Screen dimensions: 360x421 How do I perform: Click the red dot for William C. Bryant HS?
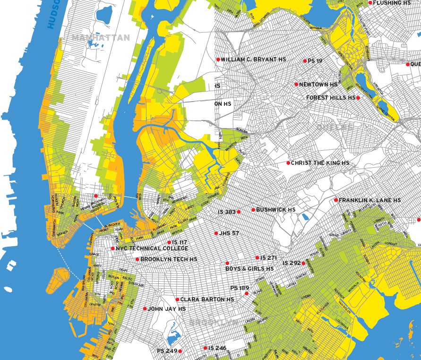pos(218,60)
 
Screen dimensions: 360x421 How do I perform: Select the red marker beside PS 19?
pos(305,61)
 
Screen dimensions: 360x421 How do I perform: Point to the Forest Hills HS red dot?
pos(358,98)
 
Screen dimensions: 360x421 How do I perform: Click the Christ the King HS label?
pos(320,163)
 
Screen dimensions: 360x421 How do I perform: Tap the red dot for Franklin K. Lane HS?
pos(336,200)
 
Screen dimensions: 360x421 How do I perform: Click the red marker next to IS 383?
pos(239,212)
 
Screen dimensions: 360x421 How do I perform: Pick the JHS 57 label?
pos(229,233)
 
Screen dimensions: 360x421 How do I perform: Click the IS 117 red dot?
pos(169,242)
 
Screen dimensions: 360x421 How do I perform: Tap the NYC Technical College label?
pos(152,249)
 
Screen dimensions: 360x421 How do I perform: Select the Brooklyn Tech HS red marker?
pos(137,259)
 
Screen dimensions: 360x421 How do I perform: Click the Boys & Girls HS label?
pos(249,269)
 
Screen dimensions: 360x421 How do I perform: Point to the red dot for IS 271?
pos(257,257)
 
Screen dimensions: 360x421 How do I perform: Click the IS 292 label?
pos(292,263)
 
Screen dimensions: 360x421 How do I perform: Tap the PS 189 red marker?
pos(246,294)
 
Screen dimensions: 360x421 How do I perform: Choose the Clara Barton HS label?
pos(207,300)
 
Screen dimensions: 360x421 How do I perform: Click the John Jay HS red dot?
pos(145,309)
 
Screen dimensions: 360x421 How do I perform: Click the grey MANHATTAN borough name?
pos(101,37)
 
